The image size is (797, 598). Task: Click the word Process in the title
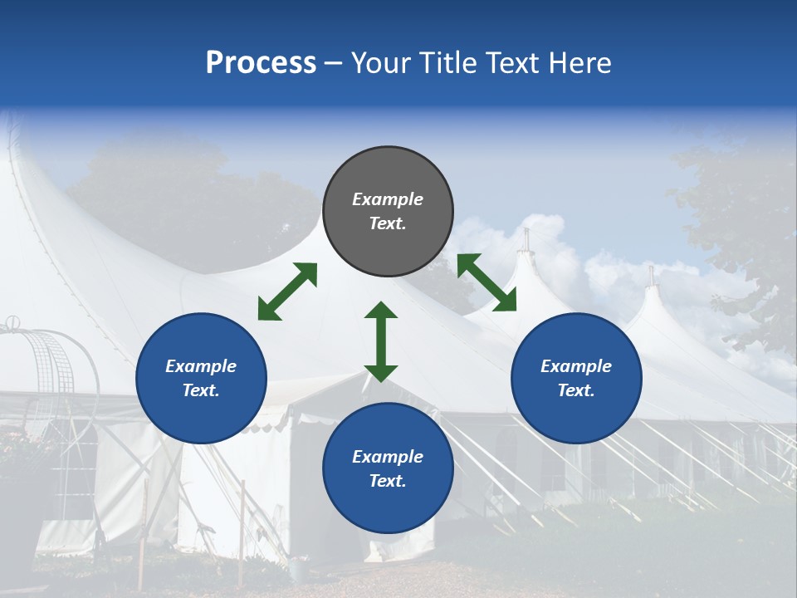click(261, 63)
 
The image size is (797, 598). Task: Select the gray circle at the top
click(388, 211)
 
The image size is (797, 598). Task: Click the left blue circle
click(201, 378)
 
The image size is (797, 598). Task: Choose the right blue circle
click(576, 378)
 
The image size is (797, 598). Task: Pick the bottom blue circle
click(388, 468)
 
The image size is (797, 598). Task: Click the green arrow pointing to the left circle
click(287, 292)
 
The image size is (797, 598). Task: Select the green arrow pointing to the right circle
click(487, 282)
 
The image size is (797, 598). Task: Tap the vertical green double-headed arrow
click(381, 341)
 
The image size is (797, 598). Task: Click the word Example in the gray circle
click(388, 199)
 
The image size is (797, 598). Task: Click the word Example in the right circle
click(576, 366)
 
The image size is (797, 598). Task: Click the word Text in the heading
click(511, 63)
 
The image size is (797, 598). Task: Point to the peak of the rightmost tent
click(653, 276)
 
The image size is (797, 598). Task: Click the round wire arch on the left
click(50, 365)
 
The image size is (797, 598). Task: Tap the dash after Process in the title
click(334, 64)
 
